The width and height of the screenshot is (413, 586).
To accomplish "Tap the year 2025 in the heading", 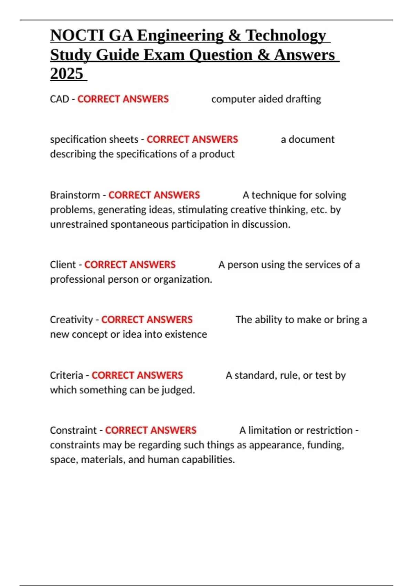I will click(x=67, y=74).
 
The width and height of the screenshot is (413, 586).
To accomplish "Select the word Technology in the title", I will click(x=285, y=36).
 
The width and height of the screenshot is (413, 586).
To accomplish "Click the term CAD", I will click(x=60, y=99).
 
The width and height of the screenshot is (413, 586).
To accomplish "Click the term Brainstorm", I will click(x=75, y=195).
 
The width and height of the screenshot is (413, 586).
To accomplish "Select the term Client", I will click(x=63, y=265).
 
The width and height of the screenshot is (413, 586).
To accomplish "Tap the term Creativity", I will click(x=71, y=320).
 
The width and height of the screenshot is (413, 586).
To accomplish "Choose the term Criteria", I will click(x=66, y=375).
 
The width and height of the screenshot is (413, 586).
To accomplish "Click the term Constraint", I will click(x=73, y=431).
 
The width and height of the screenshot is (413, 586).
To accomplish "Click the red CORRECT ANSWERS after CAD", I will click(x=123, y=99).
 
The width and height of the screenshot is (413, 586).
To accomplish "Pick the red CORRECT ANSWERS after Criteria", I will click(x=137, y=375).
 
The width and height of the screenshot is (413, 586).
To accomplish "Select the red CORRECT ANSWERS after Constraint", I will click(x=151, y=431).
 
